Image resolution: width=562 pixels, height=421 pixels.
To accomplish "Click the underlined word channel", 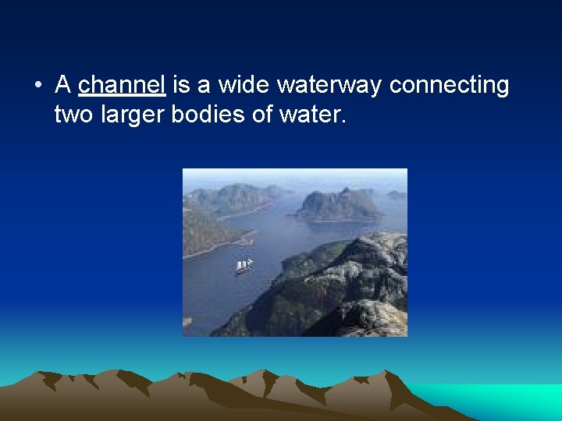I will (x=122, y=85).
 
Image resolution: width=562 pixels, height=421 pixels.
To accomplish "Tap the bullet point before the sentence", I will (x=37, y=85).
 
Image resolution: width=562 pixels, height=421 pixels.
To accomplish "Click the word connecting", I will (x=449, y=85).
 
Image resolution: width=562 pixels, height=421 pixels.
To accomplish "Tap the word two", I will (x=72, y=115).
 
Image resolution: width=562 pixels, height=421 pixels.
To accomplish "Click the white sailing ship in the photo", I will (x=244, y=266).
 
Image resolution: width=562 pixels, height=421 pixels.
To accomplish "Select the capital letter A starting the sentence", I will (x=62, y=85).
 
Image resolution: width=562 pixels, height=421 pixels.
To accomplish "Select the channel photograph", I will (x=294, y=252).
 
